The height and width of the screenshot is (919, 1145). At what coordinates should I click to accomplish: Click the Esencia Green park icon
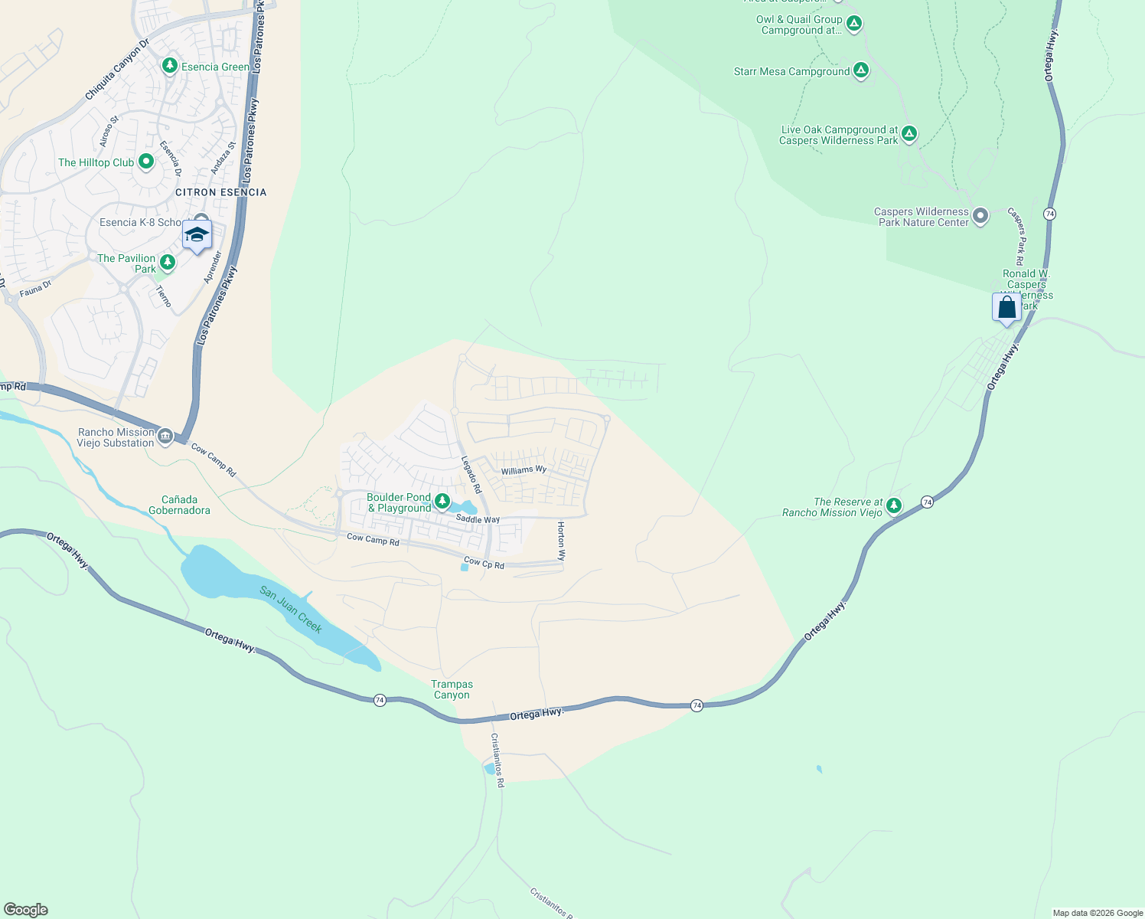(x=170, y=67)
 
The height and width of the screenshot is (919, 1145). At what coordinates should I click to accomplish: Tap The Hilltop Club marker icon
(x=146, y=162)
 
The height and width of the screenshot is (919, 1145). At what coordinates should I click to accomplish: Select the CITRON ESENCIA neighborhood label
(x=220, y=192)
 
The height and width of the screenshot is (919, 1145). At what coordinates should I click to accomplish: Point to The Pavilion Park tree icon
(x=168, y=263)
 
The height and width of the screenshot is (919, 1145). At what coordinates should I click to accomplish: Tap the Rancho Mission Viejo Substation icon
(x=165, y=437)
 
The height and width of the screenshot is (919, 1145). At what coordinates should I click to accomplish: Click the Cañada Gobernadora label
(x=179, y=505)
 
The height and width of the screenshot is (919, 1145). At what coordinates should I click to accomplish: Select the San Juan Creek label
(x=291, y=609)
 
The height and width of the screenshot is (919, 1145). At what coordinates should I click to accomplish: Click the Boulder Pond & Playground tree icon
(x=442, y=502)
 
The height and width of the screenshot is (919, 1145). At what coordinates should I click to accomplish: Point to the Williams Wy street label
(x=524, y=470)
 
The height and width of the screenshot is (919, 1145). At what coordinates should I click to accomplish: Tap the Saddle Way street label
(x=478, y=519)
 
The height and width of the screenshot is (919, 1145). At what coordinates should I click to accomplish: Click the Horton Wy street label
(x=561, y=541)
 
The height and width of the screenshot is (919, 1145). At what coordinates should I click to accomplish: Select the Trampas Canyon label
(x=452, y=689)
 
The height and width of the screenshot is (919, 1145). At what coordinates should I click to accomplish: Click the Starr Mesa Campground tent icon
(x=861, y=71)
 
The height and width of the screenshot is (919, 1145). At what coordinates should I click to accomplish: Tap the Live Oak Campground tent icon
(x=909, y=135)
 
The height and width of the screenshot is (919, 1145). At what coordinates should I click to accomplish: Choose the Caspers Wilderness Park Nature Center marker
(x=980, y=217)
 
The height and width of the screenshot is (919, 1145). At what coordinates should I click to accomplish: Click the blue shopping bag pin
(x=1007, y=308)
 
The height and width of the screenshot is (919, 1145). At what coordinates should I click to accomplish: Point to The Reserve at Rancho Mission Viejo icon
(x=894, y=506)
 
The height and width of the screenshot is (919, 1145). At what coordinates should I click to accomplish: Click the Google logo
(x=26, y=910)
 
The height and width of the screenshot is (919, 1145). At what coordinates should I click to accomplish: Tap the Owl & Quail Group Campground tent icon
(x=854, y=25)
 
